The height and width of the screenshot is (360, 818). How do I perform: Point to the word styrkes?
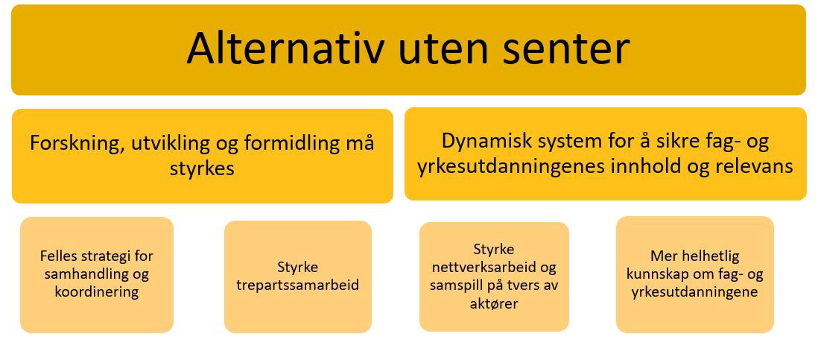click(203, 170)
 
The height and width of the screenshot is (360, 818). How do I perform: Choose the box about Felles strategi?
click(97, 275)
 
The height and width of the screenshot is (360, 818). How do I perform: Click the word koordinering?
click(97, 291)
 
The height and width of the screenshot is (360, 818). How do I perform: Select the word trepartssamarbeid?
click(298, 285)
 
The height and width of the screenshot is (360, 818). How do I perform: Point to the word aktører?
click(494, 303)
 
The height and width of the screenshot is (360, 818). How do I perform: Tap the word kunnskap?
click(656, 274)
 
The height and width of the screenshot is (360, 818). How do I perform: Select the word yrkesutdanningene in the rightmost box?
click(694, 292)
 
